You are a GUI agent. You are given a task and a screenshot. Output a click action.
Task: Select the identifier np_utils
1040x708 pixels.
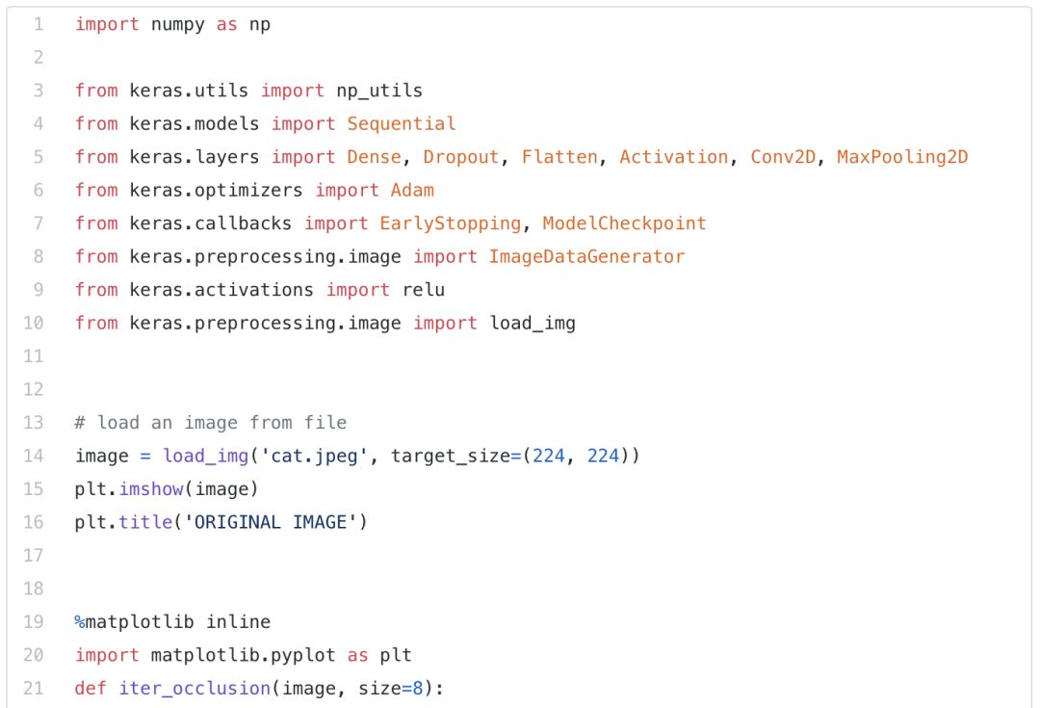379,91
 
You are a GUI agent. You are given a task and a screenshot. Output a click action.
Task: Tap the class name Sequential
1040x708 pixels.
402,123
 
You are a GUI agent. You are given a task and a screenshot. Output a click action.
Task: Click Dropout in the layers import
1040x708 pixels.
461,157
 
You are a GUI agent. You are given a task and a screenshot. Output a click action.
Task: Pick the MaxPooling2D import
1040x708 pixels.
902,157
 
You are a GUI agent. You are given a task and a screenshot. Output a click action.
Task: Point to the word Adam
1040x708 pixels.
412,190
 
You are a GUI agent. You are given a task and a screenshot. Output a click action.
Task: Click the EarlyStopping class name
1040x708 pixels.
451,223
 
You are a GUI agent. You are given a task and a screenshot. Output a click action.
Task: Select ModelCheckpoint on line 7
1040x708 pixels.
624,223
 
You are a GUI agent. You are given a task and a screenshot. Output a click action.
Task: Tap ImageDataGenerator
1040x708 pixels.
586,256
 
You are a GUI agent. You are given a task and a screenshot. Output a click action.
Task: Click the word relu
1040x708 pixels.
423,290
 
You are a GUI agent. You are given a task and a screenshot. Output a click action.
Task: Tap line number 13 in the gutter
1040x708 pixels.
33,423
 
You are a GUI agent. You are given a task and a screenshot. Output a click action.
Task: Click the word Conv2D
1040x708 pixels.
783,157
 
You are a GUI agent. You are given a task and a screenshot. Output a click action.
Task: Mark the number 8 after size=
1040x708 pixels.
418,688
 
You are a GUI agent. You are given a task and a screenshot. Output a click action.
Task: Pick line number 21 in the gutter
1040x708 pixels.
33,688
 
